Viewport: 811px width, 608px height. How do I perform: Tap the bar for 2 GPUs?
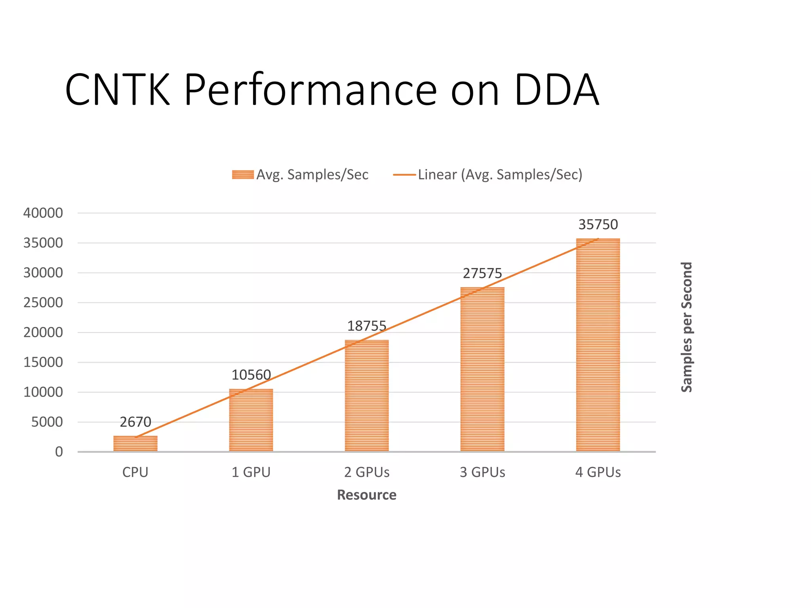pos(367,396)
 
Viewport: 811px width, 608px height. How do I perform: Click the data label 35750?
pos(598,224)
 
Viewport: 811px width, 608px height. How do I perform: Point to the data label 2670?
pos(135,422)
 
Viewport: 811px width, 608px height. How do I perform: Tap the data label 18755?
pos(367,326)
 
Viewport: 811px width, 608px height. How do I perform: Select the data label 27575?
pos(482,273)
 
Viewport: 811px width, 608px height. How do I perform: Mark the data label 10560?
pos(251,374)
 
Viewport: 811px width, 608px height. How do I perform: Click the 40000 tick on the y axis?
pos(43,213)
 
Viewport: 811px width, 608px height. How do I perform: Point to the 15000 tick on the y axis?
pos(43,362)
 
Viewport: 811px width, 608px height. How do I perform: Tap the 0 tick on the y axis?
pos(59,452)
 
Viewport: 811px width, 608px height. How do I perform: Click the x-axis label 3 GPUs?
pos(482,472)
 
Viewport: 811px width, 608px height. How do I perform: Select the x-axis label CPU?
pos(135,472)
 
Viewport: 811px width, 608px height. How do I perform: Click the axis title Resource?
pos(367,495)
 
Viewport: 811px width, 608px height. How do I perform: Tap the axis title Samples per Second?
pos(687,327)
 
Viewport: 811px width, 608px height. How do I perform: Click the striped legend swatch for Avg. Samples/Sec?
pos(243,175)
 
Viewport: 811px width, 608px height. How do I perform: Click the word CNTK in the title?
pos(118,90)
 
